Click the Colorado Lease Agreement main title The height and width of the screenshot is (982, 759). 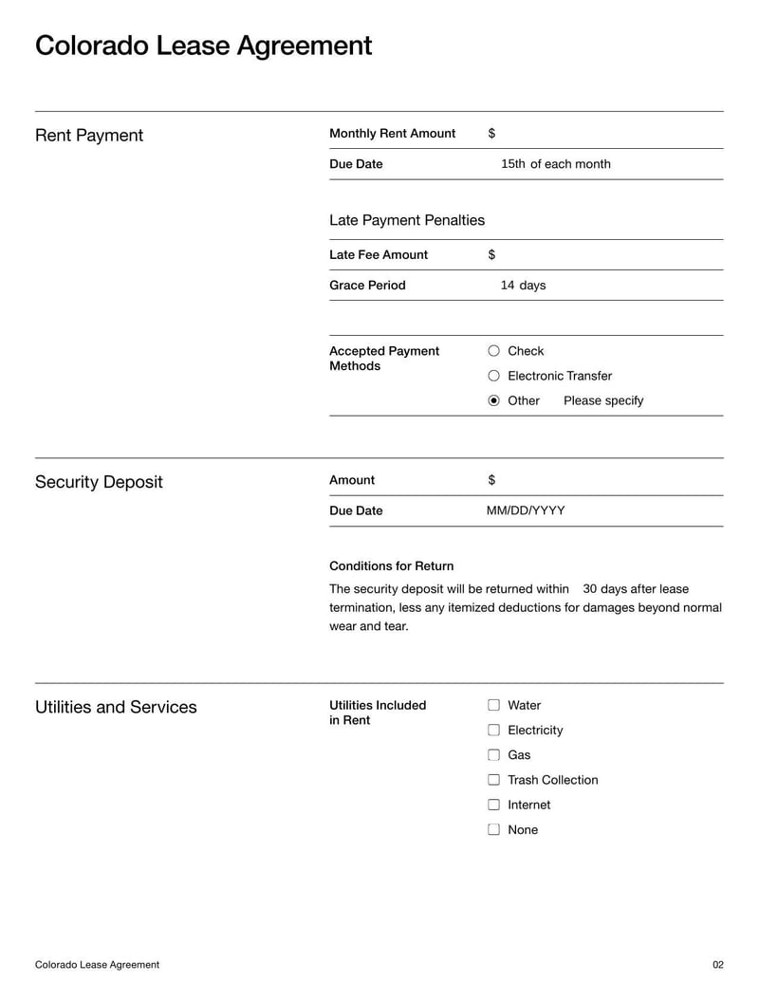[x=203, y=46]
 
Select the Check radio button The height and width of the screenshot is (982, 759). [x=493, y=351]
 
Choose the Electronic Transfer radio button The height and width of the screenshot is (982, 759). [x=493, y=376]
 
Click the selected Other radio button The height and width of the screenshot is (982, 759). [x=493, y=400]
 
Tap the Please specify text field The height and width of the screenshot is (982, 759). [x=603, y=400]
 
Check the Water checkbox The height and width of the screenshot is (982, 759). [x=493, y=705]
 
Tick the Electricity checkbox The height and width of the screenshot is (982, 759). [x=493, y=730]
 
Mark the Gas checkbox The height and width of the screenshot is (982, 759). [x=493, y=755]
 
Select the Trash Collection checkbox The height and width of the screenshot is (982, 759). [x=493, y=780]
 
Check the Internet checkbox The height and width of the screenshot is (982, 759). [x=493, y=805]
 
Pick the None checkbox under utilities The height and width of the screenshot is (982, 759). [x=493, y=829]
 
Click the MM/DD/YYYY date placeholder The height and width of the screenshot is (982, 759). [x=526, y=510]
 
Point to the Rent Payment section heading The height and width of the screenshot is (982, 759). [x=89, y=135]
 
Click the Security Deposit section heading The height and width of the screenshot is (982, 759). [x=99, y=482]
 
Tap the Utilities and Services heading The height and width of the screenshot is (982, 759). [x=116, y=707]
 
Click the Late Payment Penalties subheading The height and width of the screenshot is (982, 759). [x=407, y=220]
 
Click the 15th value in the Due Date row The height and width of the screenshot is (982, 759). [x=512, y=164]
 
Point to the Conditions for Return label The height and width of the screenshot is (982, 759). [x=391, y=565]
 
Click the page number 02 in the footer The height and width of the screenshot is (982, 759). [x=717, y=965]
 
